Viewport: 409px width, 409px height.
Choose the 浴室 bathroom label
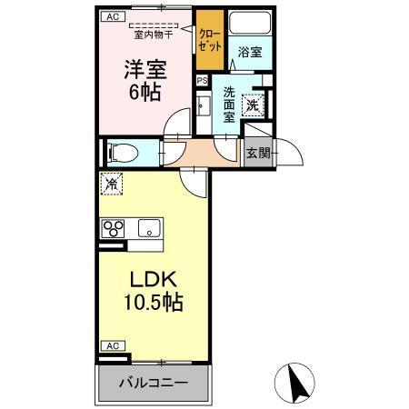pyautogui.click(x=250, y=53)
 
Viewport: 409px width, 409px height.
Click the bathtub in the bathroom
pyautogui.click(x=249, y=24)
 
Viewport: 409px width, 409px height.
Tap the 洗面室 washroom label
pyautogui.click(x=231, y=104)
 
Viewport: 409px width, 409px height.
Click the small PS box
pyautogui.click(x=202, y=80)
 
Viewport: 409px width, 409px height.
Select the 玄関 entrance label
pyautogui.click(x=258, y=153)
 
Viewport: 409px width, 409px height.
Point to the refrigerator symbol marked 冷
pyautogui.click(x=110, y=185)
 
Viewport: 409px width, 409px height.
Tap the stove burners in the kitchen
pyautogui.click(x=114, y=228)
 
